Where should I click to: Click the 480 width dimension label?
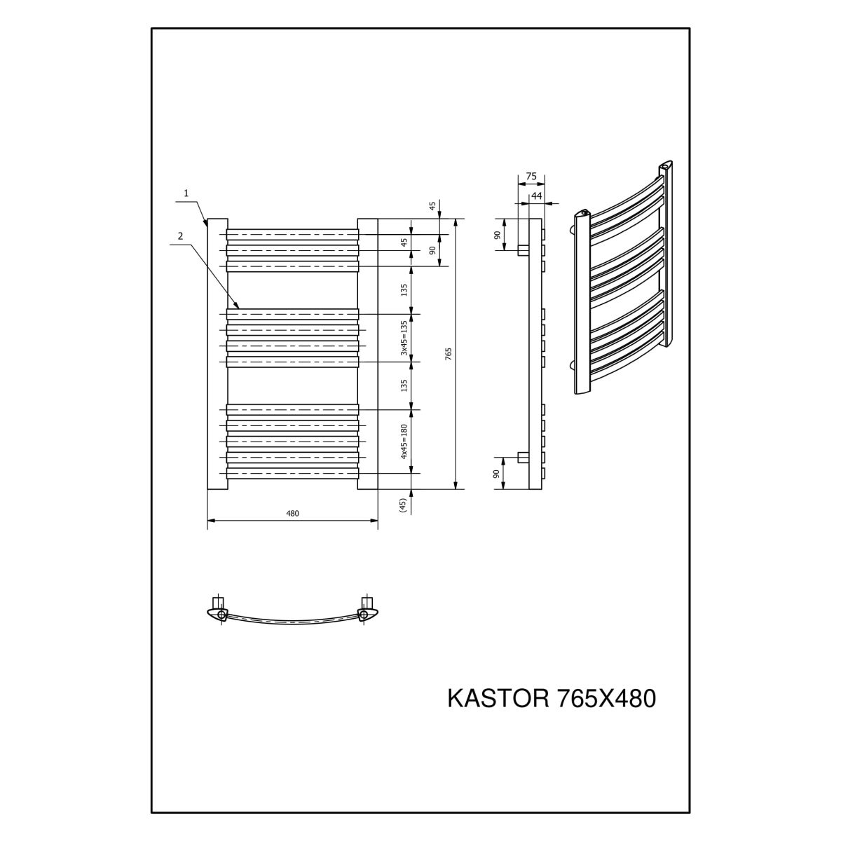[x=292, y=514]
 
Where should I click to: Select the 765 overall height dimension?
[x=449, y=353]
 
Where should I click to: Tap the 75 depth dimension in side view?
[x=531, y=177]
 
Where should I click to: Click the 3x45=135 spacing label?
[x=404, y=338]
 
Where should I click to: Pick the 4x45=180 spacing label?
[x=404, y=442]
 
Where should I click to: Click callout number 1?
[x=186, y=193]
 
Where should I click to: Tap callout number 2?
[x=180, y=236]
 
